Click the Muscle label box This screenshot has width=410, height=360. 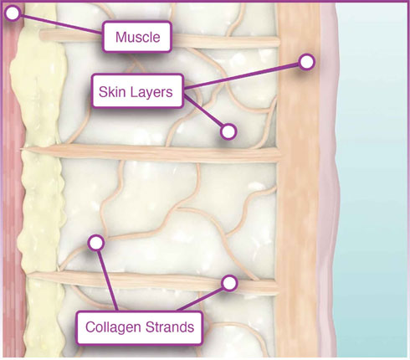pyautogui.click(x=136, y=37)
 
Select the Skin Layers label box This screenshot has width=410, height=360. pyautogui.click(x=137, y=90)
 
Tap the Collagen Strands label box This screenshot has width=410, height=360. pyautogui.click(x=139, y=327)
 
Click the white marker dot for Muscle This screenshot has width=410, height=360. pyautogui.click(x=13, y=13)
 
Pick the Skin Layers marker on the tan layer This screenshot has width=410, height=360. pyautogui.click(x=306, y=62)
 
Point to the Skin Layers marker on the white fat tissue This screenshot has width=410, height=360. pyautogui.click(x=228, y=131)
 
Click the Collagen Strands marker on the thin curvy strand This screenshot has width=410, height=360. pyautogui.click(x=96, y=243)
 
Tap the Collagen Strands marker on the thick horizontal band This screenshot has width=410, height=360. pyautogui.click(x=229, y=283)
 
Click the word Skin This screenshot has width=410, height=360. pyautogui.click(x=110, y=91)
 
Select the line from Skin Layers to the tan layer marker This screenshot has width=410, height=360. pyautogui.click(x=242, y=76)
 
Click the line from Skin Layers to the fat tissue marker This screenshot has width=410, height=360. pyautogui.click(x=202, y=111)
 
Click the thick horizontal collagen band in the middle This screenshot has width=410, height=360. pyautogui.click(x=151, y=153)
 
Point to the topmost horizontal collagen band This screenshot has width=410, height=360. pyautogui.click(x=160, y=39)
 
